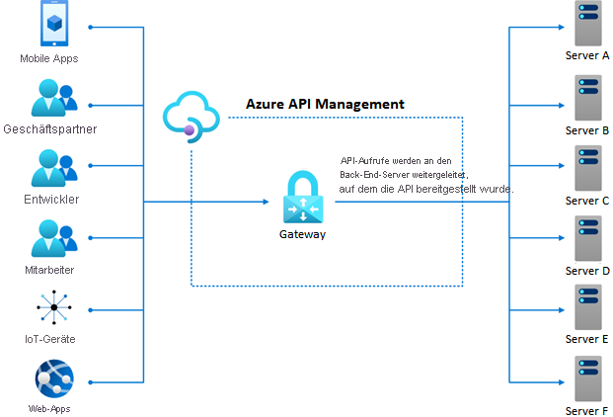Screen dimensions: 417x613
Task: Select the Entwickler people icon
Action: click(53, 169)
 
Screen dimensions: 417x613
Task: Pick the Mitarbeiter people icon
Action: click(53, 240)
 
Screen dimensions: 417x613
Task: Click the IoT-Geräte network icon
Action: click(53, 309)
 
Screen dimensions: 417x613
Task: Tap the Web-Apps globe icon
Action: click(53, 379)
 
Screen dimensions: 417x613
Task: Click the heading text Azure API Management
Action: click(324, 104)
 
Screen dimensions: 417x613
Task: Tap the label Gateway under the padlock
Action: click(301, 234)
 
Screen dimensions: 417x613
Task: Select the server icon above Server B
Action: click(587, 96)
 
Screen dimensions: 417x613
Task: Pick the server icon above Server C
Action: click(587, 167)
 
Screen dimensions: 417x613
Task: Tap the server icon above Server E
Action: click(587, 307)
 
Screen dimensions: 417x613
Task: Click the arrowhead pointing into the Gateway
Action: click(265, 203)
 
